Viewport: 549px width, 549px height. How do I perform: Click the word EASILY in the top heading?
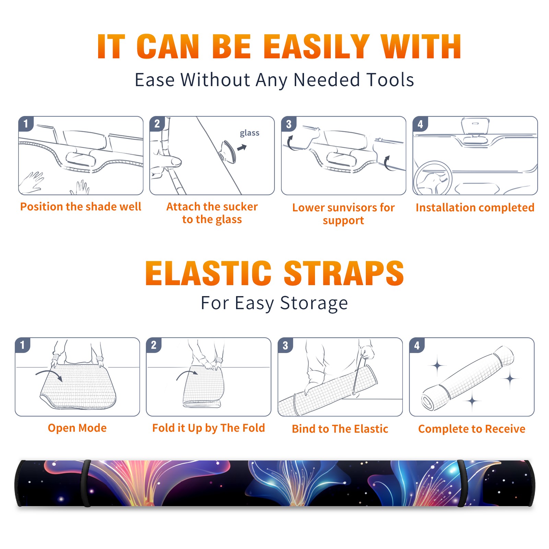(316, 47)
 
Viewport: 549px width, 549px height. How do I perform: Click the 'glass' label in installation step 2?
(249, 133)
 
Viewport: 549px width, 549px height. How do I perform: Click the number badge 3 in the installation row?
(289, 124)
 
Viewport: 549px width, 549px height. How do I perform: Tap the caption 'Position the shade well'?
(81, 207)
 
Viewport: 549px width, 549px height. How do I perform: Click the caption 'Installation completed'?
(475, 207)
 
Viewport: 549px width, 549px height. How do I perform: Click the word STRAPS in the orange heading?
(344, 273)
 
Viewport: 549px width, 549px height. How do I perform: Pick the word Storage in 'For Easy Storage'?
(314, 303)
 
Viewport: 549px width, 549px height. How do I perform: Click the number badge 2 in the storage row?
(154, 345)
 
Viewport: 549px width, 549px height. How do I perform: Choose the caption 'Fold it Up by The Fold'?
(209, 428)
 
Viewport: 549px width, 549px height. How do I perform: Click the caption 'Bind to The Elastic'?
(340, 429)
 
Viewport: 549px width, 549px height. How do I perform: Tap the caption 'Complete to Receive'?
(472, 429)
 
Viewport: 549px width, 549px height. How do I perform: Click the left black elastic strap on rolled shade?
(86, 483)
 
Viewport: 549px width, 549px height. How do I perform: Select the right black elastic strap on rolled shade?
(462, 483)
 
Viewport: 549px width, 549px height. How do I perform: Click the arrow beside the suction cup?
(242, 148)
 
